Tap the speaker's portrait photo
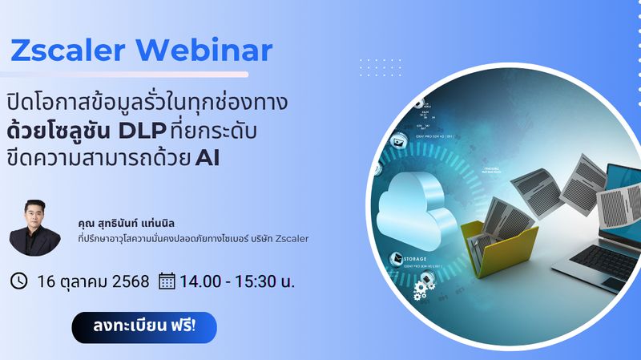click(35, 227)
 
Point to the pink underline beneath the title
click(128, 75)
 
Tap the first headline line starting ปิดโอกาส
click(148, 103)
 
